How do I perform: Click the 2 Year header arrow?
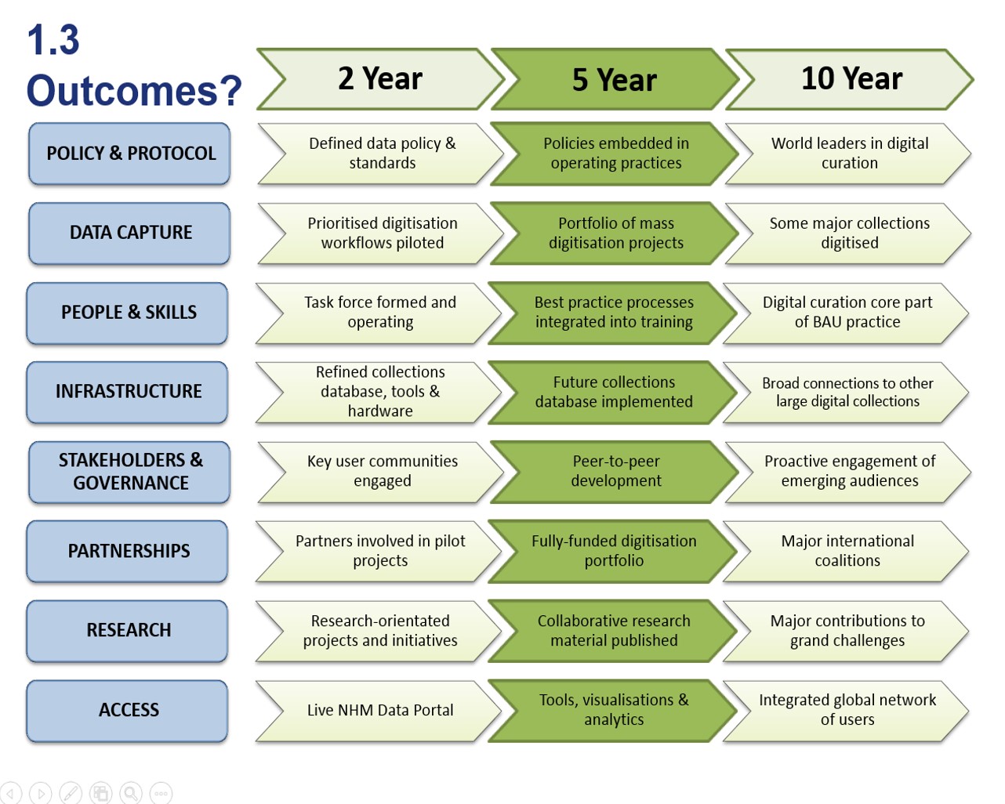click(381, 79)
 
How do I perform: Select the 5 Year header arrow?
click(615, 79)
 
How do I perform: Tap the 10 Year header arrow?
click(850, 79)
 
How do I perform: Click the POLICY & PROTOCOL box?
click(129, 154)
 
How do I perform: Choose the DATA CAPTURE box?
click(129, 233)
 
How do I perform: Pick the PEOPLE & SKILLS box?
click(128, 313)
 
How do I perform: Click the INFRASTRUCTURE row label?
click(128, 392)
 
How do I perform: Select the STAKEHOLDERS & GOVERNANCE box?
click(129, 472)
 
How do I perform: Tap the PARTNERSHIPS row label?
click(128, 552)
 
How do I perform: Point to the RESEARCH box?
click(128, 631)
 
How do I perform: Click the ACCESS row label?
click(128, 711)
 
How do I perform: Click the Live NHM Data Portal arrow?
click(379, 711)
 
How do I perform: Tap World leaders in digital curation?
click(849, 154)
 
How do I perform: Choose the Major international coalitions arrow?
click(847, 552)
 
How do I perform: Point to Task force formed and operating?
click(379, 313)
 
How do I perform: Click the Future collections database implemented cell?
click(613, 392)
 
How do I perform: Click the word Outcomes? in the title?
click(134, 90)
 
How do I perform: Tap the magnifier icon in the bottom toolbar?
click(131, 793)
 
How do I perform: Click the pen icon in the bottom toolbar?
click(71, 793)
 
